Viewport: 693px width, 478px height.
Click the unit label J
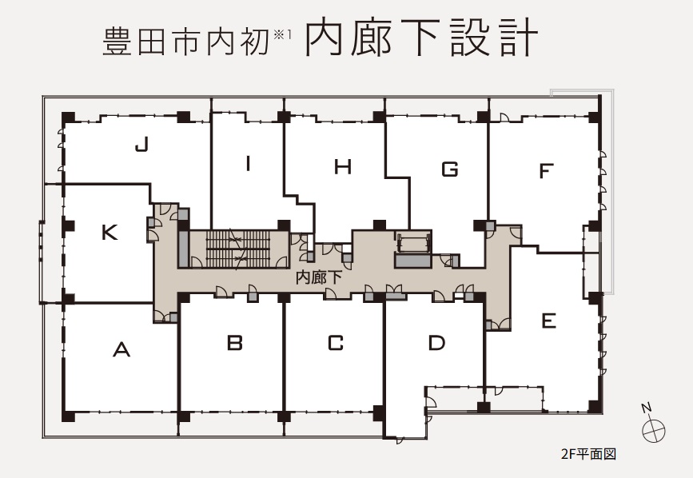[x=142, y=145]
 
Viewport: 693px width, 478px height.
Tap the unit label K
[x=110, y=233]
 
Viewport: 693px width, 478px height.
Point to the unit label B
[x=234, y=343]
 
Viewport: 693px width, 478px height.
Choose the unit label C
[x=336, y=343]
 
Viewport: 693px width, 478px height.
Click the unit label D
[x=436, y=343]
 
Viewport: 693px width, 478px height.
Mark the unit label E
[x=548, y=321]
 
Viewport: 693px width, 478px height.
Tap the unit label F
[x=546, y=171]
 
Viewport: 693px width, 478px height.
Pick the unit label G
[x=450, y=169]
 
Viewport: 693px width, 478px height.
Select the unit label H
[x=343, y=167]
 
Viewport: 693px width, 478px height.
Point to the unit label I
[x=249, y=165]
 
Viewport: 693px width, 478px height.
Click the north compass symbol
[x=654, y=429]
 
